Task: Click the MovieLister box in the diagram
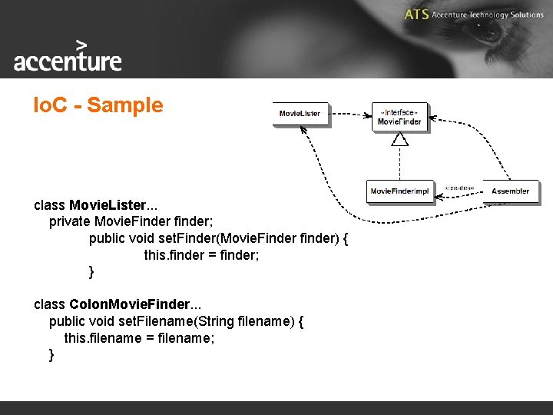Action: [x=300, y=114]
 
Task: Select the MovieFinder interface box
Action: [x=399, y=118]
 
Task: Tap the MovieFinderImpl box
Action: [x=399, y=191]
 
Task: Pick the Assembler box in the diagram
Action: [x=511, y=191]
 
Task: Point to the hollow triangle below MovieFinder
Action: [x=399, y=139]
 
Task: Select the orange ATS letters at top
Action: [x=416, y=15]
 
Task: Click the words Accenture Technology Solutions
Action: [x=488, y=15]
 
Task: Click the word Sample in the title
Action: [x=125, y=105]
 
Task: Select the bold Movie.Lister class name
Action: [x=107, y=205]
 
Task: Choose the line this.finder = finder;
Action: [x=201, y=255]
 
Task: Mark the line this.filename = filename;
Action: [x=135, y=337]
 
